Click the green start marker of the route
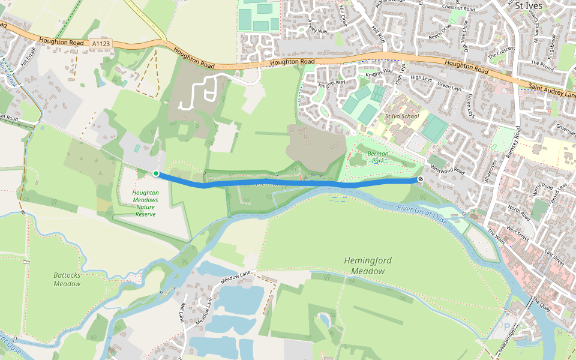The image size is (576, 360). point(156,173)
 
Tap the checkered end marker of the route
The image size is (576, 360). point(420,179)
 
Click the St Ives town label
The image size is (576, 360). point(529,5)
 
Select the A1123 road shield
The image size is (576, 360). point(102,43)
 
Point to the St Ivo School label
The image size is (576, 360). point(401,116)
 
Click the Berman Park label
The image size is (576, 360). point(377,157)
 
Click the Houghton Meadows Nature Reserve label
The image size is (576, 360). point(145,203)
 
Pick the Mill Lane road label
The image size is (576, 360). point(181,311)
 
